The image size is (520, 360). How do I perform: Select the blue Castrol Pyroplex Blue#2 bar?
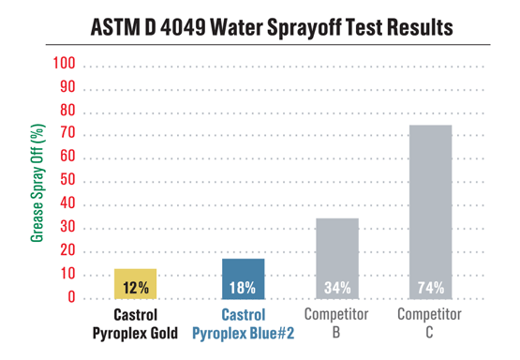[x=243, y=278]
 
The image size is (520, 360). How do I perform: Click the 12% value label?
[x=136, y=287]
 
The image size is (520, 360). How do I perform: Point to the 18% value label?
[x=243, y=287]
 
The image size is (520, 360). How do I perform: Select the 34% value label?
[x=336, y=287]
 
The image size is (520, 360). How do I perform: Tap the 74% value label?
[x=430, y=287]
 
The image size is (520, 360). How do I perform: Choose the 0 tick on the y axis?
[x=68, y=298]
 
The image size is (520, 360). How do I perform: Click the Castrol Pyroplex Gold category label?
[x=136, y=322]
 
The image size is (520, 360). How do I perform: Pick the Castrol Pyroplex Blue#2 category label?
[x=243, y=322]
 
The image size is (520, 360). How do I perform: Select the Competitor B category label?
[x=336, y=322]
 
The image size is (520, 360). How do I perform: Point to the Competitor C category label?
[x=430, y=322]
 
